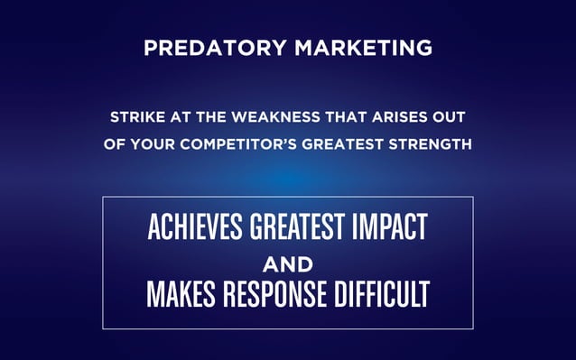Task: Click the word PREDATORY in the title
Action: click(203, 48)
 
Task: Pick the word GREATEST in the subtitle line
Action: click(347, 143)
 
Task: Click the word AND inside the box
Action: click(287, 264)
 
